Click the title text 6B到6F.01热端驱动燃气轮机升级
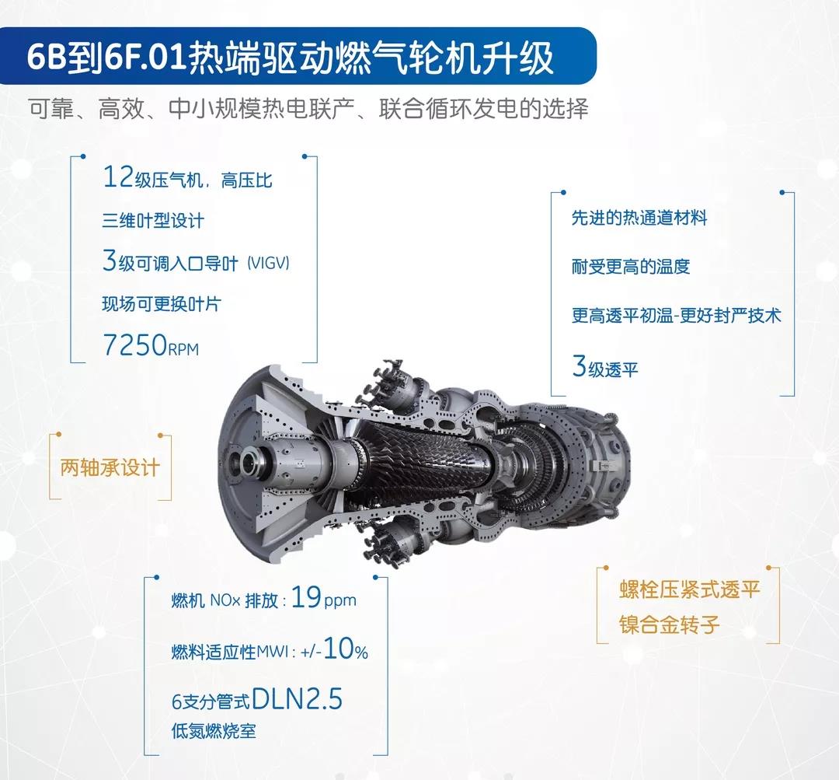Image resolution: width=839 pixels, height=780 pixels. (290, 57)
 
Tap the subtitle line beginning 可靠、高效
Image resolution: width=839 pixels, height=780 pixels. (308, 109)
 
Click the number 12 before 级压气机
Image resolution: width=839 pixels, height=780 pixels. (118, 177)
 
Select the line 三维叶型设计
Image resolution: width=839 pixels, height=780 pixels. (153, 220)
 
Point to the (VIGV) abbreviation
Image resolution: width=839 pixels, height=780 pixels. (268, 263)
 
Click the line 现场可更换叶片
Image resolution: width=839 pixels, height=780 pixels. (162, 304)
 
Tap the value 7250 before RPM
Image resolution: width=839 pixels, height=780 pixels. (135, 345)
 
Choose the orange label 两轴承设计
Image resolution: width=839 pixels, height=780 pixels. (110, 467)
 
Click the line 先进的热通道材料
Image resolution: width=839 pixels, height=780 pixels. (639, 218)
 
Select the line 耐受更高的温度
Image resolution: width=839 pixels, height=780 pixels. (631, 266)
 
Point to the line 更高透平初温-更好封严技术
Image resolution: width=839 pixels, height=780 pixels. (677, 315)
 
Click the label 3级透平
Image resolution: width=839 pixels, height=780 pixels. (605, 366)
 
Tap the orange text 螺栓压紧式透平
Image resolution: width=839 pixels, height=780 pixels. (690, 589)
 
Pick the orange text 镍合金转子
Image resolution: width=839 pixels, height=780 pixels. (670, 624)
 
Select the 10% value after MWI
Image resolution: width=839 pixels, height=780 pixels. (346, 649)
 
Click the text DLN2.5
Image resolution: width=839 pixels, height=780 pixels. (297, 698)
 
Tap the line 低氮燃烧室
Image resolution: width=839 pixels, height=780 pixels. (214, 731)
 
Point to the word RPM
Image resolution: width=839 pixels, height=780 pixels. (183, 349)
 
